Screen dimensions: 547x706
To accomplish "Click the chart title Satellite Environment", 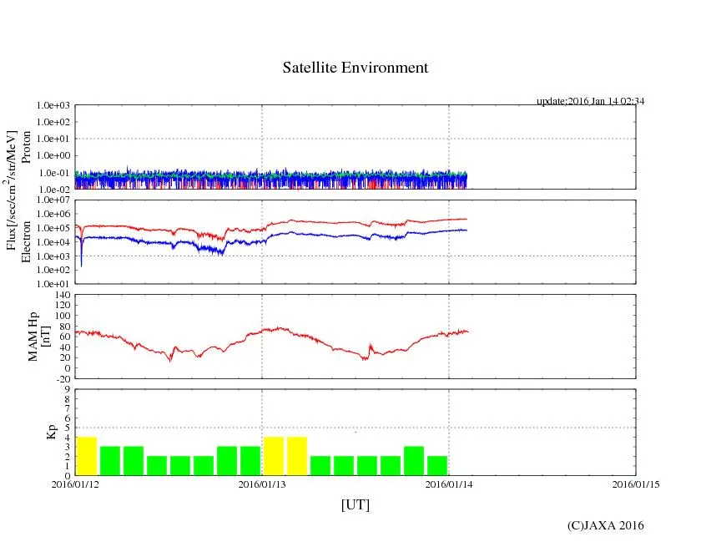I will pyautogui.click(x=356, y=68).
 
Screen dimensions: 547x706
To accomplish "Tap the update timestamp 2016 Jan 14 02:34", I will pyautogui.click(x=590, y=101).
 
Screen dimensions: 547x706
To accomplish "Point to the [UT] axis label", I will pyautogui.click(x=356, y=505).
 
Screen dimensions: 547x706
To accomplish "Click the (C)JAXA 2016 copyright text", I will pyautogui.click(x=606, y=525).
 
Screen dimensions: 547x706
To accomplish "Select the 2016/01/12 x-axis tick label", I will pyautogui.click(x=75, y=484).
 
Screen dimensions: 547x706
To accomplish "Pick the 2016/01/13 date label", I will pyautogui.click(x=262, y=484).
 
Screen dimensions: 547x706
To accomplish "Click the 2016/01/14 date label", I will pyautogui.click(x=449, y=484).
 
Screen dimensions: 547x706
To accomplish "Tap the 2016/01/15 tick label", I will pyautogui.click(x=636, y=484).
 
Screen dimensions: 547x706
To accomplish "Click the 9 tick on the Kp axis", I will pyautogui.click(x=68, y=389).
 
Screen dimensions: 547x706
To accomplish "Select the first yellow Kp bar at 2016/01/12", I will pyautogui.click(x=87, y=456).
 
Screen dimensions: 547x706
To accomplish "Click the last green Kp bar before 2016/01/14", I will pyautogui.click(x=437, y=465).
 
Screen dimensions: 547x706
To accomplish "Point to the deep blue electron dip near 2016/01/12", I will pyautogui.click(x=81, y=264).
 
